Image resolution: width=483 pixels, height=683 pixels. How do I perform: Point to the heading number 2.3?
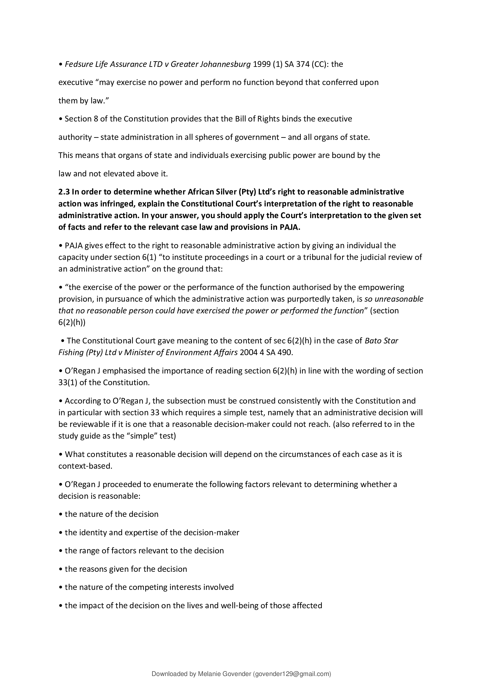click(64, 192)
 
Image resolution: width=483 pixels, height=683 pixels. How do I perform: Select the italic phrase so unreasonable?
click(394, 299)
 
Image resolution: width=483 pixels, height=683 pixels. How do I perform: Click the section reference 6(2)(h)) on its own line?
click(72, 322)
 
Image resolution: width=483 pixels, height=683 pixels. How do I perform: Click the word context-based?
click(85, 466)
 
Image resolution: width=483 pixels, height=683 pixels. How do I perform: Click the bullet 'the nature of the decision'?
click(111, 514)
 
